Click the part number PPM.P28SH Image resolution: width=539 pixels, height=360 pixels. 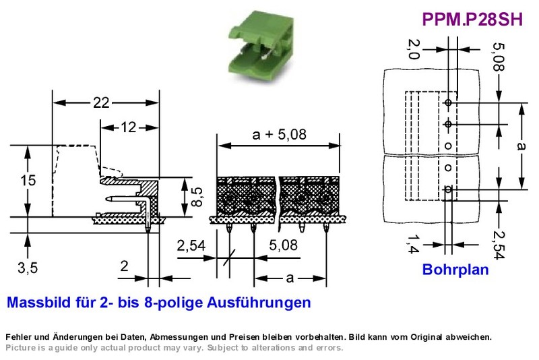pyautogui.click(x=472, y=20)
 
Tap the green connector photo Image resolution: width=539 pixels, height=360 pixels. pyautogui.click(x=261, y=45)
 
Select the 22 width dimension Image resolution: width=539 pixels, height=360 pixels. pyautogui.click(x=101, y=102)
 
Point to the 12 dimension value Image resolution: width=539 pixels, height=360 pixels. pyautogui.click(x=128, y=127)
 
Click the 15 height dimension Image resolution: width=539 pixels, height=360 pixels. pyautogui.click(x=28, y=180)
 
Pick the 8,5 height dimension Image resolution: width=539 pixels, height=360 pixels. pyautogui.click(x=197, y=197)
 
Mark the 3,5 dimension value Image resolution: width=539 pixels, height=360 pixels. pyautogui.click(x=28, y=268)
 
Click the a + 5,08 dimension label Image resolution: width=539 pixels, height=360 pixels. pyautogui.click(x=279, y=134)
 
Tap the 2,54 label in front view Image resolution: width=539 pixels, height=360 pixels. pyautogui.click(x=191, y=245)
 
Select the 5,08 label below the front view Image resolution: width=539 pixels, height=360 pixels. pyautogui.click(x=283, y=245)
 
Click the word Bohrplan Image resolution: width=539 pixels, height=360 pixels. pyautogui.click(x=455, y=269)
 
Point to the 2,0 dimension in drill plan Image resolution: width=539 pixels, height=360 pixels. pyautogui.click(x=414, y=49)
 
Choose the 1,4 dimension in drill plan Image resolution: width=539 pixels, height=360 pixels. pyautogui.click(x=413, y=244)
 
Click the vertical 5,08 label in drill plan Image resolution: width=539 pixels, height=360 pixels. pyautogui.click(x=499, y=57)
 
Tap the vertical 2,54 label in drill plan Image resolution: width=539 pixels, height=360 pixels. pyautogui.click(x=499, y=245)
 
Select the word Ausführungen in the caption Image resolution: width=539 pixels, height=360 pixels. pyautogui.click(x=259, y=303)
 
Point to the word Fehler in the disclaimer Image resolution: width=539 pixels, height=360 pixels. pyautogui.click(x=19, y=336)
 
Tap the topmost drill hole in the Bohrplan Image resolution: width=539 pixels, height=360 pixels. pyautogui.click(x=448, y=102)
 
